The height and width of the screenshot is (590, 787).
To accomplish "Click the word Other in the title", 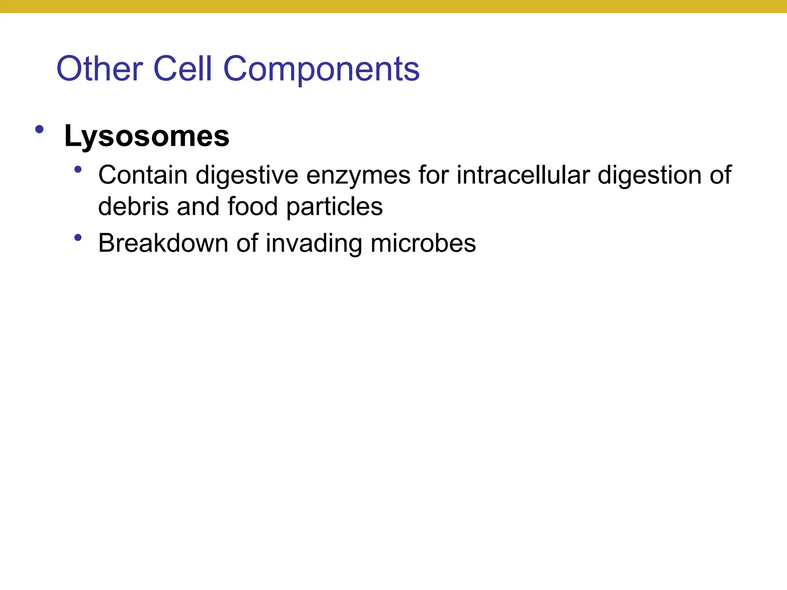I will click(100, 69).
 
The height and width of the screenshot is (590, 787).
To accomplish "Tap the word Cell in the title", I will click(182, 69).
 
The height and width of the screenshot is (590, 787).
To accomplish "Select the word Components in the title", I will click(321, 70).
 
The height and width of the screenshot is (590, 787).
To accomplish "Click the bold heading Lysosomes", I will click(146, 136).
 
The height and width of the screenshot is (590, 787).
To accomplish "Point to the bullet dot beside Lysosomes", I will click(39, 129).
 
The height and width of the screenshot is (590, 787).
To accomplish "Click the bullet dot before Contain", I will click(78, 169).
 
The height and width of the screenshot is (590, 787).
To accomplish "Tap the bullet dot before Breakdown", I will click(78, 238).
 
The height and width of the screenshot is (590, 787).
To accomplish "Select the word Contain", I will click(143, 175).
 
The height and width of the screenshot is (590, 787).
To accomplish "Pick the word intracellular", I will click(523, 175).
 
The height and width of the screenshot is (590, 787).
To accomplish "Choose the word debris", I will click(133, 207).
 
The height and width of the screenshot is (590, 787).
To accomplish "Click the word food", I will click(252, 207).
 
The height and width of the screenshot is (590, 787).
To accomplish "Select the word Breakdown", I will click(163, 243).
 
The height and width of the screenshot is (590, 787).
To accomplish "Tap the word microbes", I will click(423, 243).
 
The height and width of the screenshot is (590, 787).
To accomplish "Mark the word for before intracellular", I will click(433, 175).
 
